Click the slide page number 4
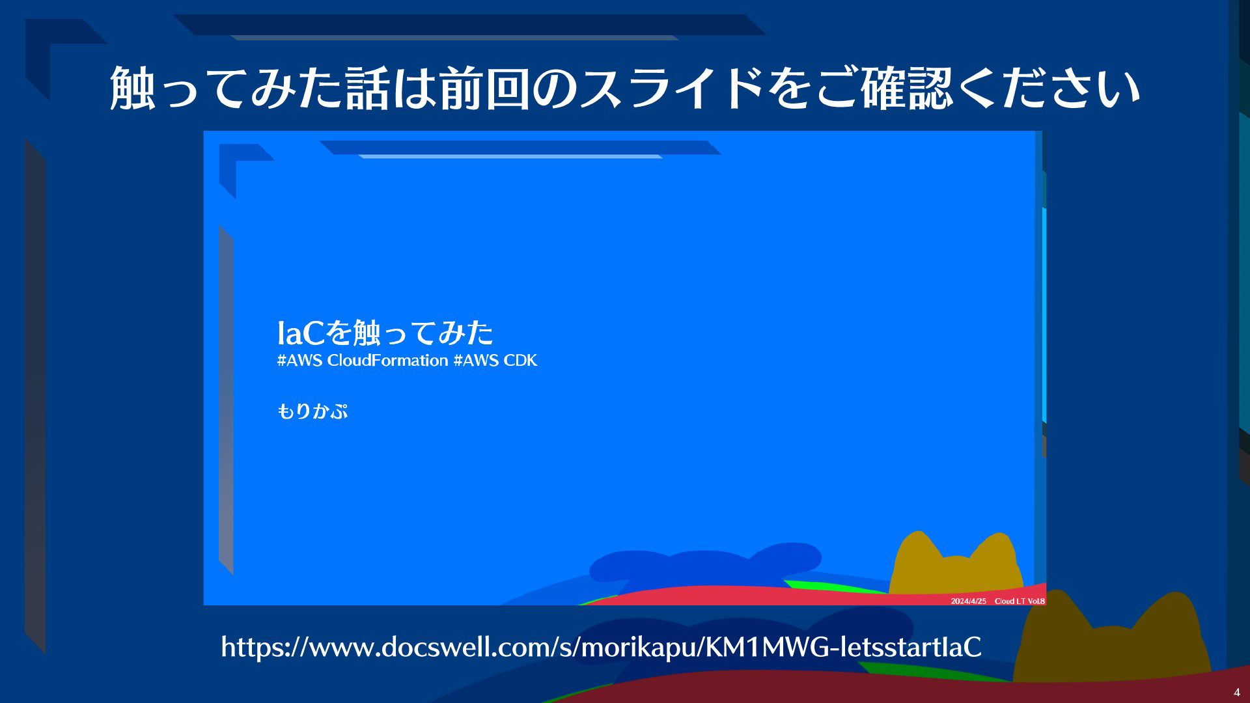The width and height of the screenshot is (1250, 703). coord(1237,692)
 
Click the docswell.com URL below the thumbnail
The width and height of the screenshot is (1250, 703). coord(601,647)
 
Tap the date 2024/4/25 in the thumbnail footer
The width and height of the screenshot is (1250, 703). coord(968,601)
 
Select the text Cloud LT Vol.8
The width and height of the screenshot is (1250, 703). coord(1020,601)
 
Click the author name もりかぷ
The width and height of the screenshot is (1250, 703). coord(312,411)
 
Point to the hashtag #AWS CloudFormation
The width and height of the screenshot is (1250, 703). coord(363,361)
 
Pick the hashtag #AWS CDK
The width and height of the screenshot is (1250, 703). coord(495,361)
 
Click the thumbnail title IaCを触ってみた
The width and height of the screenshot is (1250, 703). coord(385,333)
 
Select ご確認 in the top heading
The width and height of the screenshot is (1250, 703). coord(885,88)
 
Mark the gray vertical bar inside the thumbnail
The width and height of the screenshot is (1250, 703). coord(226,400)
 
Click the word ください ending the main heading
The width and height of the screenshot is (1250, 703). coord(1071,88)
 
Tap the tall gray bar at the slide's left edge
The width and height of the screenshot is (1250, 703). coord(35,395)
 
